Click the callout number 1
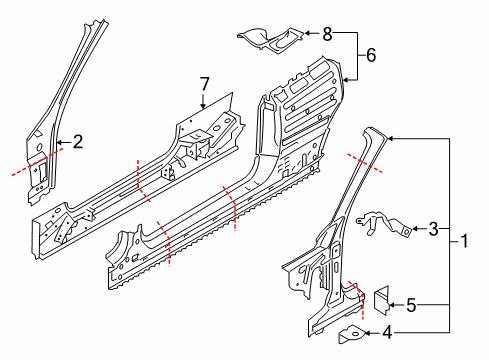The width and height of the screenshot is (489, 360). point(464,241)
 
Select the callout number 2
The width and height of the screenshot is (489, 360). point(77,142)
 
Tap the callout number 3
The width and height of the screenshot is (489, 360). point(433,229)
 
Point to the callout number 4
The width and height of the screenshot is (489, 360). point(387,332)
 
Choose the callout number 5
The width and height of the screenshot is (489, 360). point(411,305)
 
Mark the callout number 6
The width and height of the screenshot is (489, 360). point(371,55)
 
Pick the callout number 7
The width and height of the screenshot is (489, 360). point(204,84)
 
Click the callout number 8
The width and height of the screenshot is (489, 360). point(327,34)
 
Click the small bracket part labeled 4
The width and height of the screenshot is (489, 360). point(351,334)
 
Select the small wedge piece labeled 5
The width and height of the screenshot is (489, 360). point(381,300)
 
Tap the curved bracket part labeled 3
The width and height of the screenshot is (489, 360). point(383,224)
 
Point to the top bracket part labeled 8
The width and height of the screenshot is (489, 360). point(270,39)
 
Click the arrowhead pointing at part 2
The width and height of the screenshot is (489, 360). point(59,143)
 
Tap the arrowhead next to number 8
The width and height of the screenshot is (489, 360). point(307,33)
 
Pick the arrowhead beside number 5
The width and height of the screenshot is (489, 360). point(392,305)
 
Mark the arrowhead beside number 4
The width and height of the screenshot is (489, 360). point(368,333)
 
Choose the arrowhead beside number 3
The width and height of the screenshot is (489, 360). point(414,229)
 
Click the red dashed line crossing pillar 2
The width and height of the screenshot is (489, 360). point(38,162)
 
